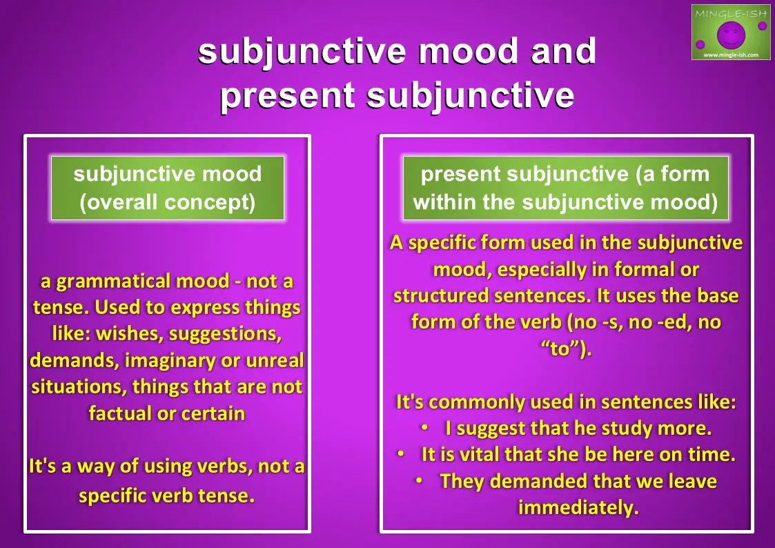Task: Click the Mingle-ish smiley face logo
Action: tap(731, 32)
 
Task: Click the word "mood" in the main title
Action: tap(469, 51)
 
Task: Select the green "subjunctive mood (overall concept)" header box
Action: tap(168, 188)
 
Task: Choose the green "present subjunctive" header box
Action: tap(565, 188)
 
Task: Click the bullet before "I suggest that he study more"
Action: tap(424, 427)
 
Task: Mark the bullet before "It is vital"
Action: tap(401, 453)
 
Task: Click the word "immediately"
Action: tap(578, 507)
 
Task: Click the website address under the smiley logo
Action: tap(731, 55)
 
